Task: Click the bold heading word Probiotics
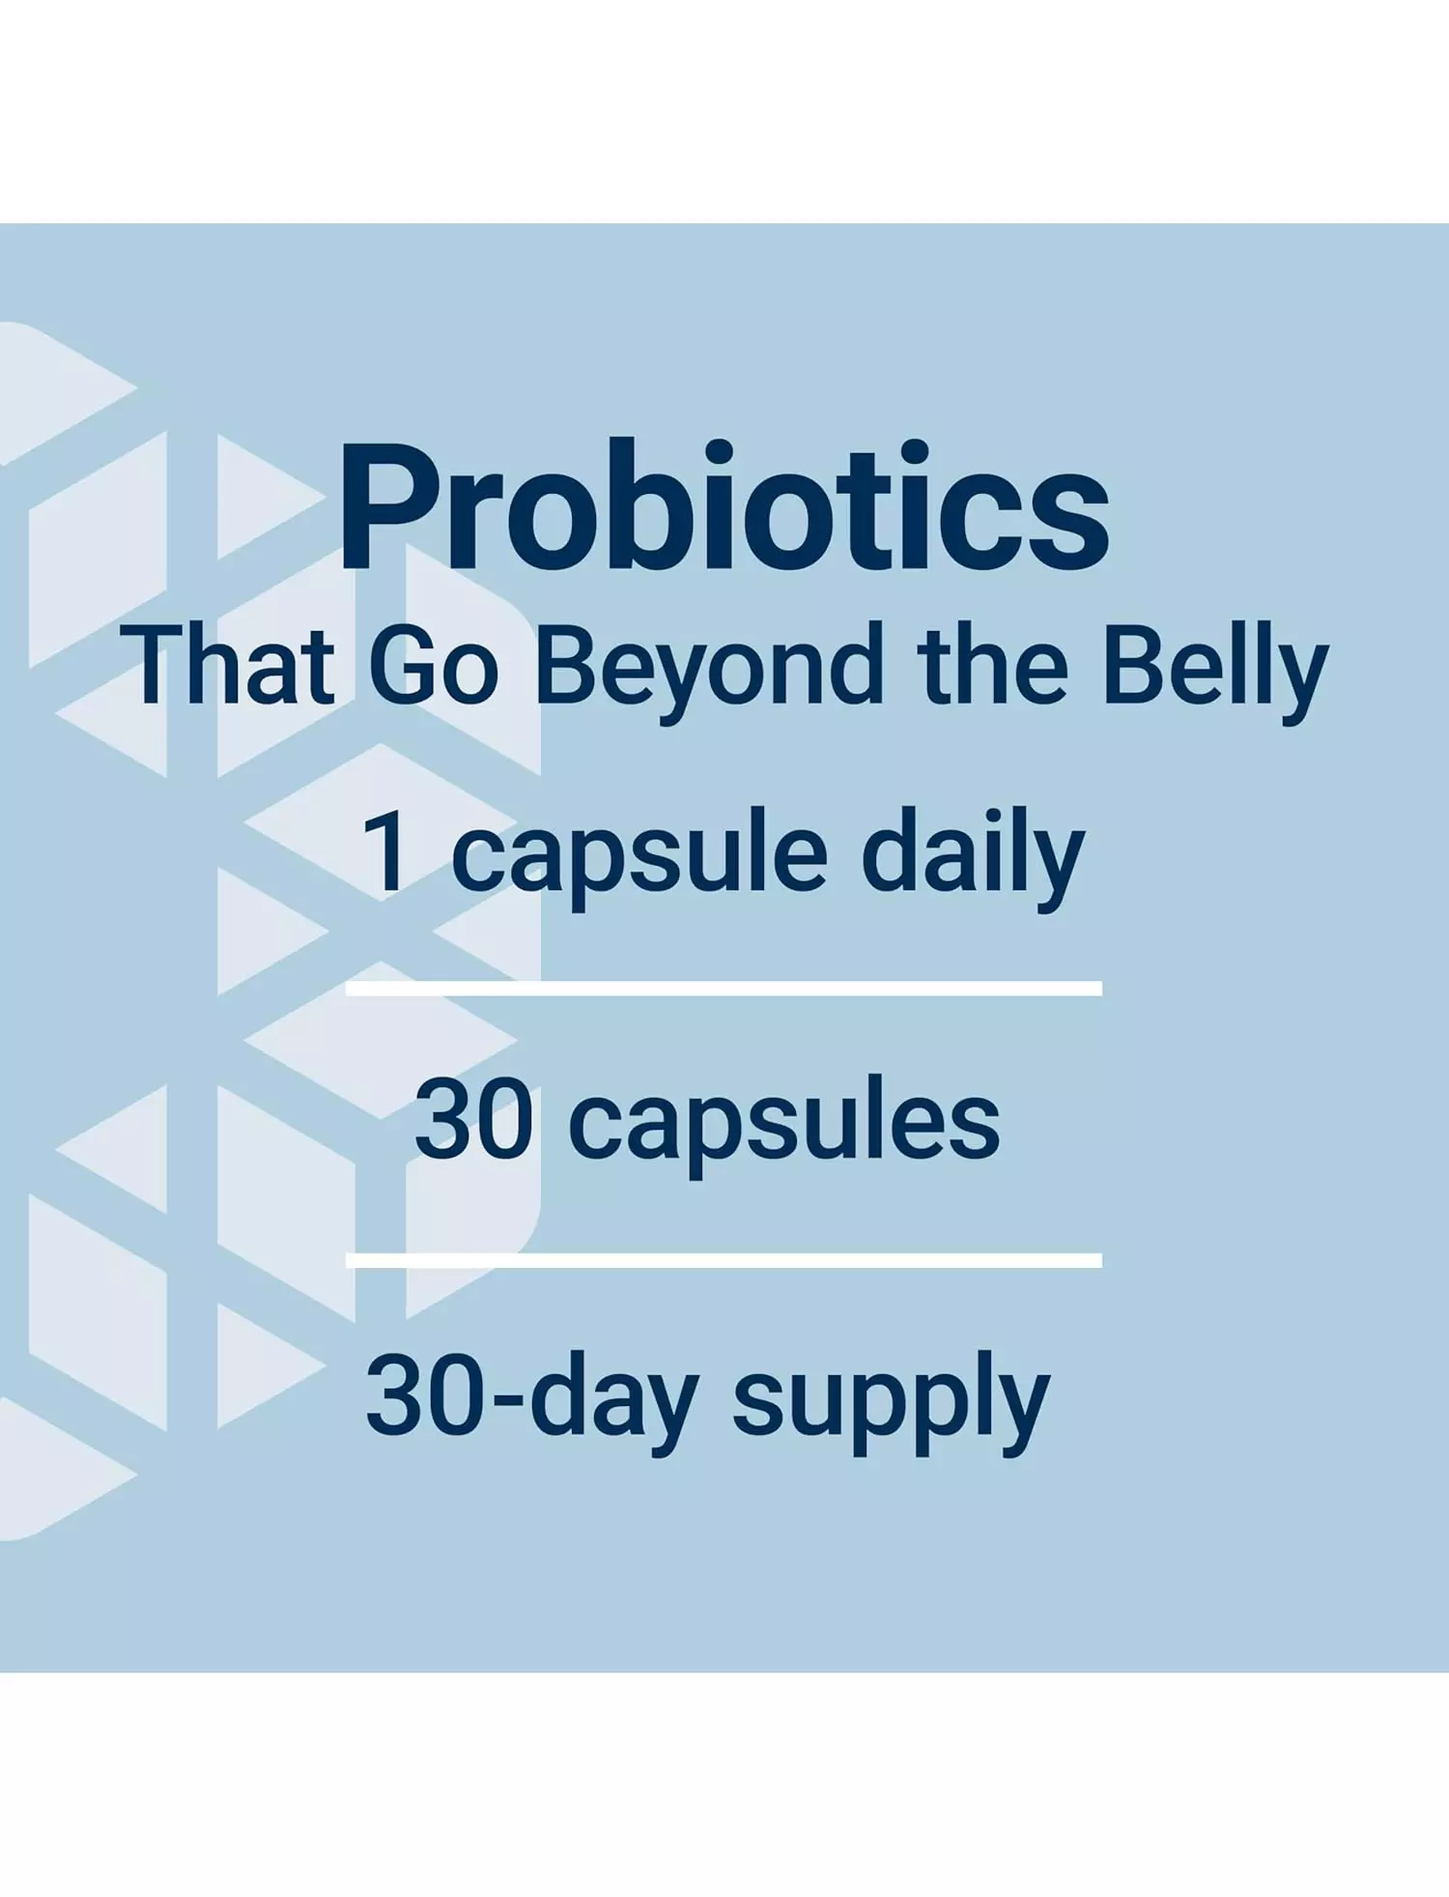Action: (724, 504)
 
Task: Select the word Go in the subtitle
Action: (434, 665)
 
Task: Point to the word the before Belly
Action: (994, 664)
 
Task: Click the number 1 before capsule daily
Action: (387, 851)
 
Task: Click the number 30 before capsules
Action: (474, 1118)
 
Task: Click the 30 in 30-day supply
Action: (424, 1394)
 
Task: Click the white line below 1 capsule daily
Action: (724, 988)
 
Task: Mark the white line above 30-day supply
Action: (724, 1260)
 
